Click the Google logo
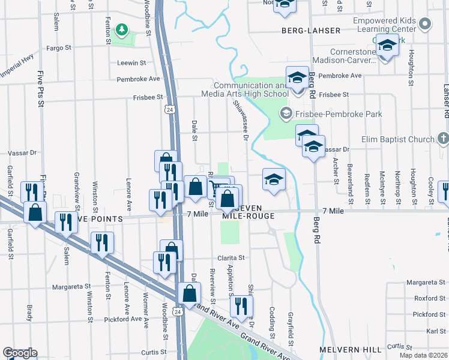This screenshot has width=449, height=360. tap(20, 353)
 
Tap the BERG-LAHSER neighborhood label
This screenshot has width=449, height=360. tap(310, 31)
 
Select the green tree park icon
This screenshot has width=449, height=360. tap(122, 29)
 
